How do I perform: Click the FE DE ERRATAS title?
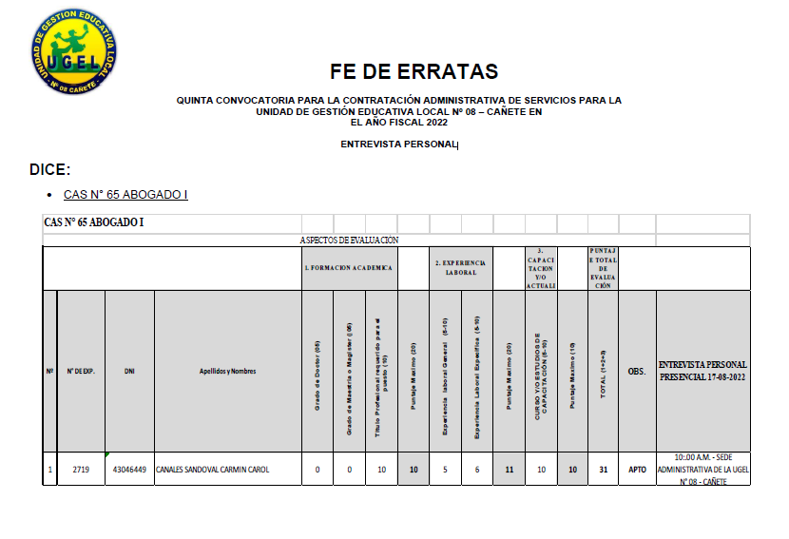[414, 71]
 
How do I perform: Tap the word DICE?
[50, 169]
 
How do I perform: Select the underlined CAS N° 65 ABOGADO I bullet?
[125, 195]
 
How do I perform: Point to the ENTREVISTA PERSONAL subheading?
[399, 144]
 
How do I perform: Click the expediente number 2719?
[81, 470]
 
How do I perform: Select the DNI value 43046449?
[129, 470]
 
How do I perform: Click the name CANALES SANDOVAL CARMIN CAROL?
[213, 470]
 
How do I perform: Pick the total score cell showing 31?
[604, 470]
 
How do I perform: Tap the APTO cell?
[637, 470]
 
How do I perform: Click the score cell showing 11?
[509, 470]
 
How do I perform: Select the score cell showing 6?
[477, 470]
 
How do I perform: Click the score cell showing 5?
[445, 470]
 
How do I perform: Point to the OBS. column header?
[637, 371]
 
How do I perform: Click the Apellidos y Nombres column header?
[227, 371]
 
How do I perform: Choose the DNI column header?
[129, 371]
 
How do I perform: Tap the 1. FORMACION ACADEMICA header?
[348, 268]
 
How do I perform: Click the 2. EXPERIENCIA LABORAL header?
[460, 268]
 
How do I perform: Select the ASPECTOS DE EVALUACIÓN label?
[349, 241]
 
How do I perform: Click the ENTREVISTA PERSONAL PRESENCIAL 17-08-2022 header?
[702, 371]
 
